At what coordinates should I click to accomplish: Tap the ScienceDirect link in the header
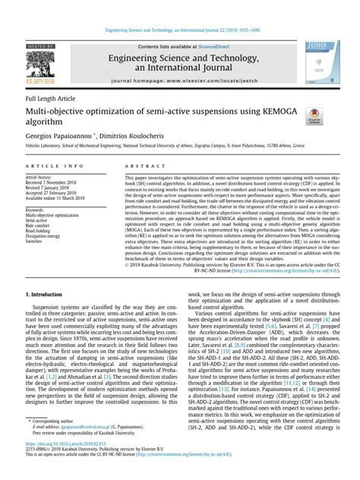(210, 25)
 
